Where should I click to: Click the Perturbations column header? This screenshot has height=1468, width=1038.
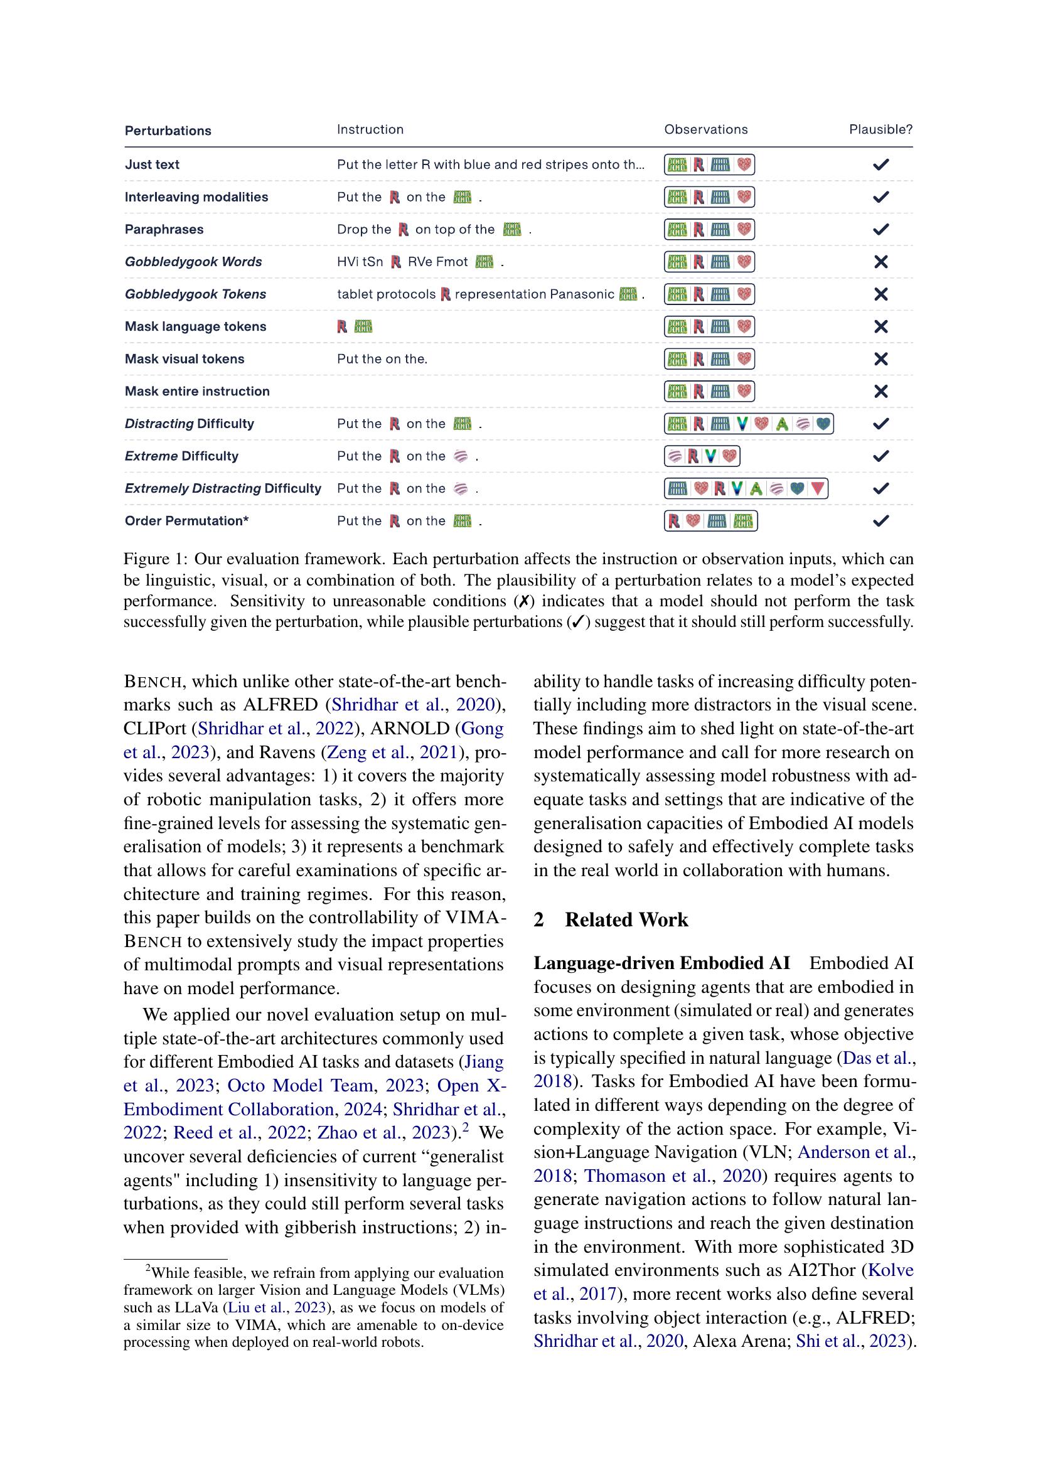click(x=168, y=131)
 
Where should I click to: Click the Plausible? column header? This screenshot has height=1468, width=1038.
click(x=880, y=130)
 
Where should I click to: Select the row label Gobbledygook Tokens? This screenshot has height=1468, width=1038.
click(x=195, y=294)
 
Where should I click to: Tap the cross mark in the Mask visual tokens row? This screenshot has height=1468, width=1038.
click(x=880, y=359)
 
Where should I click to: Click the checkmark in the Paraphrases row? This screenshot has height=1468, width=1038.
click(x=880, y=229)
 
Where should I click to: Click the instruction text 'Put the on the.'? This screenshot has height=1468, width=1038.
click(x=382, y=359)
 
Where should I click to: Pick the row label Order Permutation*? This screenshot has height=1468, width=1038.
click(x=186, y=520)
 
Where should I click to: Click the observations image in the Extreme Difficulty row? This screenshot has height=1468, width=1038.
click(x=701, y=456)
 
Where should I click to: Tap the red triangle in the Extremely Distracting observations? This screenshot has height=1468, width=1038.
click(x=816, y=488)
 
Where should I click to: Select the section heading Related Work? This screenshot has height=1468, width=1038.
click(x=626, y=919)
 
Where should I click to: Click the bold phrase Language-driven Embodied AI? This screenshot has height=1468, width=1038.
click(x=661, y=963)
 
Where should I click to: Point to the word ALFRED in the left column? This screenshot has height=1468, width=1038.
click(x=280, y=705)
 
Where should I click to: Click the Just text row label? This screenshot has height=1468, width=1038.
click(x=152, y=164)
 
